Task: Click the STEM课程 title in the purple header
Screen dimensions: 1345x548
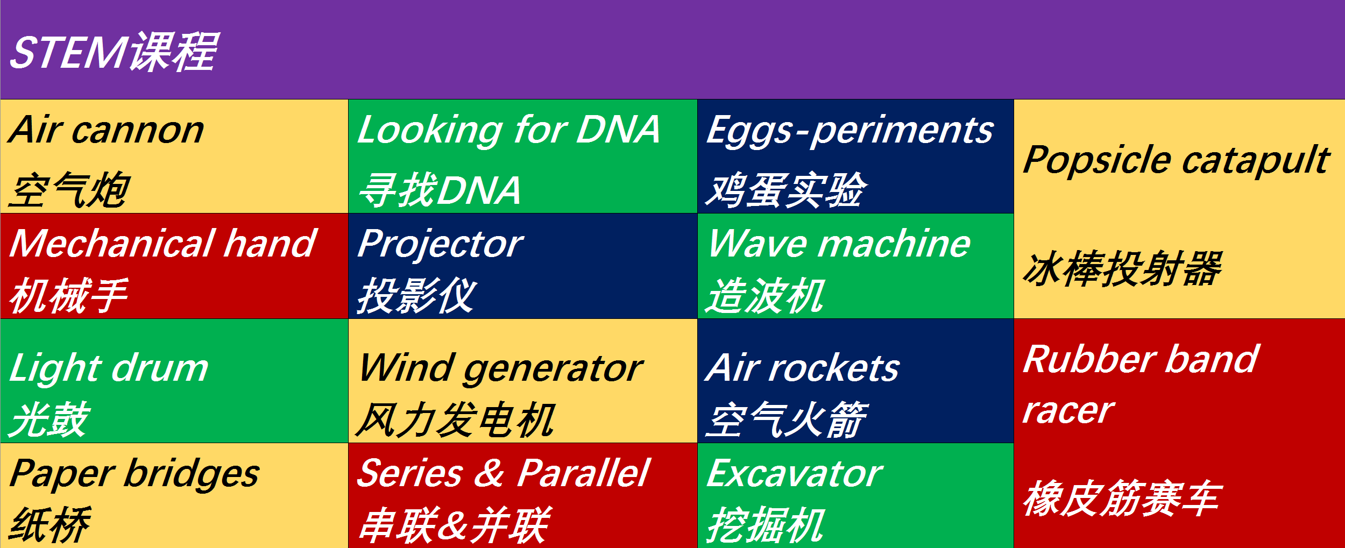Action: coord(113,52)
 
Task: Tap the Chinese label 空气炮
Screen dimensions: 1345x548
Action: coord(70,189)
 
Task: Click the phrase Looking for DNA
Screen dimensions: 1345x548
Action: coord(508,130)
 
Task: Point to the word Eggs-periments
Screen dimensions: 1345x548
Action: coord(850,131)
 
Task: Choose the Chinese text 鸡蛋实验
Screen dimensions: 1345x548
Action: coord(786,189)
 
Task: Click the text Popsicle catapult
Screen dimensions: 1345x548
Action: coord(1176,161)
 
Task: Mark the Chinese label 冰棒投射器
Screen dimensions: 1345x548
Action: coord(1122,268)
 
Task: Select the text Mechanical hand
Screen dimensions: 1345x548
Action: coord(163,243)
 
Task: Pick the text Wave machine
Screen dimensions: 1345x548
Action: coord(839,243)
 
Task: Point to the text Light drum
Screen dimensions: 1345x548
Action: coord(109,369)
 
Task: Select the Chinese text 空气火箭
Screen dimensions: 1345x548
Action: coord(787,419)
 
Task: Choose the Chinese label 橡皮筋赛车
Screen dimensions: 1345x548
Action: coord(1122,498)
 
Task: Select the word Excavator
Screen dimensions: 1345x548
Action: coord(794,473)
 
